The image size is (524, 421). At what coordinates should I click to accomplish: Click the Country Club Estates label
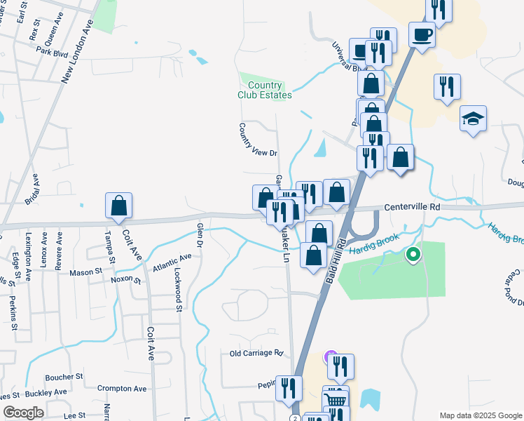coord(264,90)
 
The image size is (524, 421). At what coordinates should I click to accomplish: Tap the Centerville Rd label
coord(412,208)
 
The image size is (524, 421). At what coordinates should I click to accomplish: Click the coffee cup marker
coord(422,34)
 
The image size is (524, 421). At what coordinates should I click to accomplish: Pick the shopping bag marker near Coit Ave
coord(118,206)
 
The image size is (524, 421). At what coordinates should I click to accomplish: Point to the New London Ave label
coord(78,52)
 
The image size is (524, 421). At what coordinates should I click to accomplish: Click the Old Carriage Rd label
coord(256,353)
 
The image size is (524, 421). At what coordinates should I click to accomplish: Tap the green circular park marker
coord(413,255)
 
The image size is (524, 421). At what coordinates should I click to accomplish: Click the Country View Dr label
coord(258,140)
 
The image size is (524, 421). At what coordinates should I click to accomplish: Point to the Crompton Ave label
coord(122,388)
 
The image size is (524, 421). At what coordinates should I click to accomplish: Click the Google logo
coord(23,413)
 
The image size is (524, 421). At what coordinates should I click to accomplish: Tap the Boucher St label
coord(64,376)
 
